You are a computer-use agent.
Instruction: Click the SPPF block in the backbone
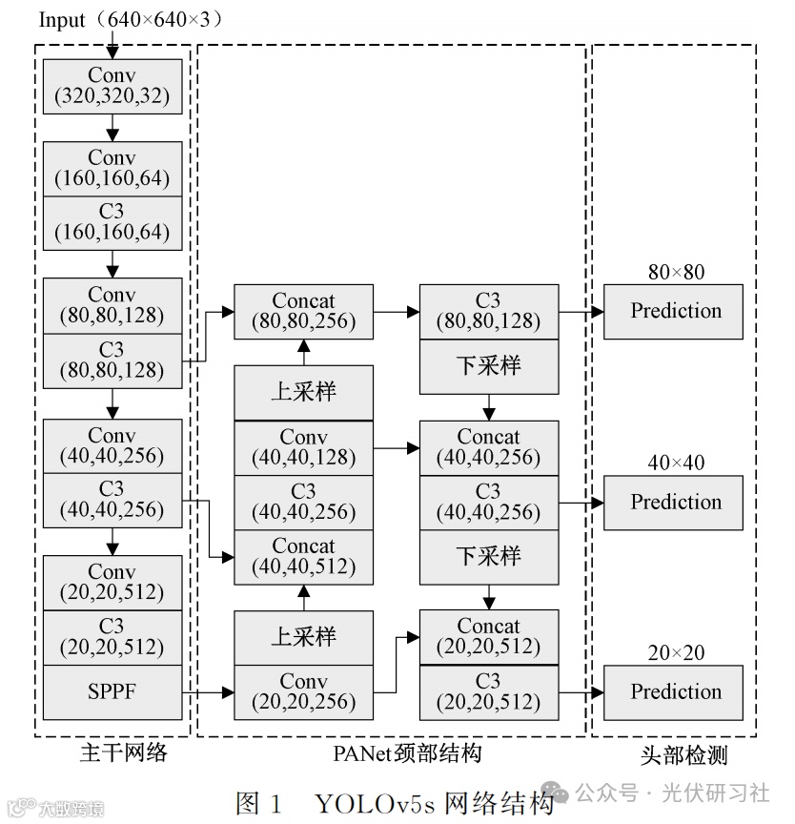(x=112, y=692)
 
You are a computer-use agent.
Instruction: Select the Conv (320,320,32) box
(x=112, y=86)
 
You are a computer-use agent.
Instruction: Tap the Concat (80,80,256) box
(x=303, y=312)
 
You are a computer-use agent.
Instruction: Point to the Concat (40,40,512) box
(x=303, y=557)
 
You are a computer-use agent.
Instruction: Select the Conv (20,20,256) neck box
(x=303, y=692)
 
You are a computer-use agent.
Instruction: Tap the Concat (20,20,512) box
(x=488, y=637)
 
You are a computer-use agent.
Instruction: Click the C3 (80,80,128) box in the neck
(x=488, y=312)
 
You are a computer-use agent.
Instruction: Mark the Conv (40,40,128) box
(x=303, y=448)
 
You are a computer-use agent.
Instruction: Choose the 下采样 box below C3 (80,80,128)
(x=488, y=366)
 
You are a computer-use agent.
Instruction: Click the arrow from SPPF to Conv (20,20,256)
(x=209, y=692)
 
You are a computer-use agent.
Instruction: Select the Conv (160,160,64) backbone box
(x=112, y=169)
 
